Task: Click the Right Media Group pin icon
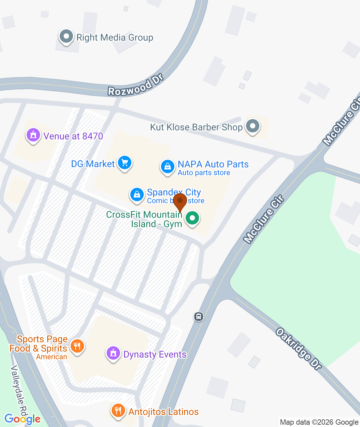coord(66,36)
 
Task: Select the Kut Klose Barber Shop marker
coord(252,126)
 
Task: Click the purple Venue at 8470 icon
coord(33,135)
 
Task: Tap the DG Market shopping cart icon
coord(125,163)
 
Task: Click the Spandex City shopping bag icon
coord(137,194)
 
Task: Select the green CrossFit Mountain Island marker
coord(192,219)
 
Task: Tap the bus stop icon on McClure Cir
coord(199,316)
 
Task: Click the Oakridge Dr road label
coord(299,349)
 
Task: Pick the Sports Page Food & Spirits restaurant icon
coord(77,346)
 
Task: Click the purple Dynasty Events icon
coord(113,353)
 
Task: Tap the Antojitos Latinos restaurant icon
coord(118,410)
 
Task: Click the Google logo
coord(22,419)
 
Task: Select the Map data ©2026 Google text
coord(319,422)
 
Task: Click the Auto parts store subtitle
coord(204,173)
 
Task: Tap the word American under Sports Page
coord(52,357)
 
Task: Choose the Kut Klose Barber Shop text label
coord(196,127)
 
